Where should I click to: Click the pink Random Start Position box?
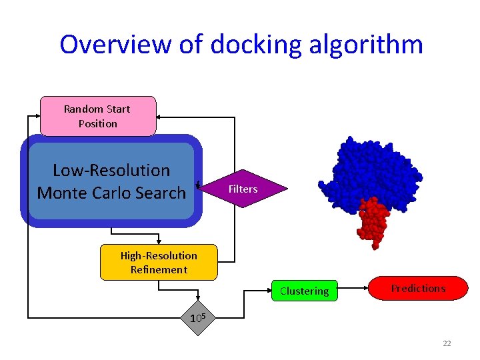(98, 116)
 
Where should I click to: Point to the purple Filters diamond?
(243, 189)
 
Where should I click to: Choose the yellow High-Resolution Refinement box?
(159, 262)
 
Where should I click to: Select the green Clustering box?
(304, 291)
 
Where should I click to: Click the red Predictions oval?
(418, 288)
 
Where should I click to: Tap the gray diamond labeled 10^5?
(196, 317)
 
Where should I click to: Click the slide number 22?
(447, 343)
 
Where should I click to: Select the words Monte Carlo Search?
(111, 193)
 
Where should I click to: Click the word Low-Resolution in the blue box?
(111, 171)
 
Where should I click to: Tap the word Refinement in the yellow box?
(159, 269)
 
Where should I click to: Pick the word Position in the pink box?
(98, 123)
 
